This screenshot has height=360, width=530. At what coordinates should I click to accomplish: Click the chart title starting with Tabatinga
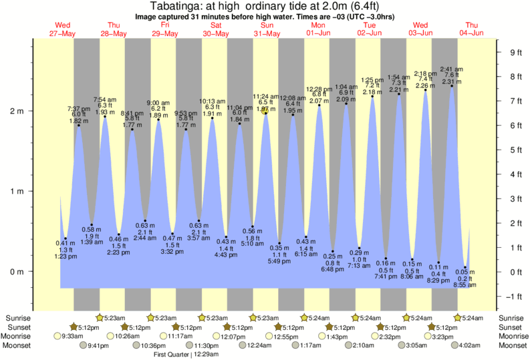click(265, 7)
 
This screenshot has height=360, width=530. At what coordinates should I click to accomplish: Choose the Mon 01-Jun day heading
click(318, 29)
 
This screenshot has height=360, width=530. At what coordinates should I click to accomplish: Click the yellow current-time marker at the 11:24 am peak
click(266, 112)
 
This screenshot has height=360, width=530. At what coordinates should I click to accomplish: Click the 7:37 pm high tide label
click(78, 108)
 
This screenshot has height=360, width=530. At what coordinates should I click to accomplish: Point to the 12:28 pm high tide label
click(319, 89)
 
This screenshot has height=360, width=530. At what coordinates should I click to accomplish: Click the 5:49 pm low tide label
click(279, 260)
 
